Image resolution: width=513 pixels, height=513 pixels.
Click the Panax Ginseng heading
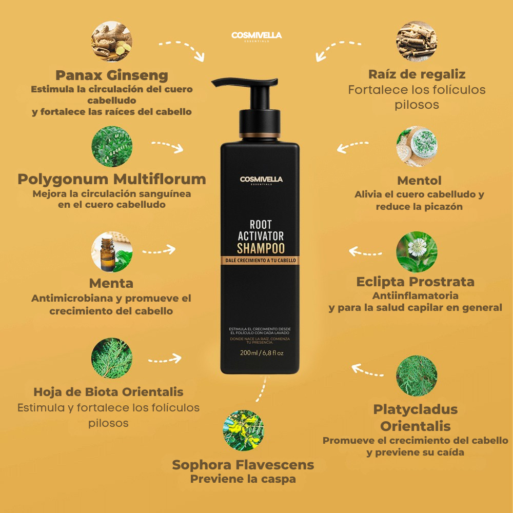111,75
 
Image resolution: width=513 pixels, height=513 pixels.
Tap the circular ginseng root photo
111,41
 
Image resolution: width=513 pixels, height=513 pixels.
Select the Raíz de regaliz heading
417,74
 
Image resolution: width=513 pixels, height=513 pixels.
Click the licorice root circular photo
417,41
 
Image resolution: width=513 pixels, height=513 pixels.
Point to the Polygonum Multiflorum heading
112,179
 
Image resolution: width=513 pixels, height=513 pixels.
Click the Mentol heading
419,180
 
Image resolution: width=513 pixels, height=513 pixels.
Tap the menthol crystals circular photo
417,146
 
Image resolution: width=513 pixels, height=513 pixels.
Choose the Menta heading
111,283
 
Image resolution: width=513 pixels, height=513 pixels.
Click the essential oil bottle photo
111,252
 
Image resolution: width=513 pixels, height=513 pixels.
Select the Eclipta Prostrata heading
416,282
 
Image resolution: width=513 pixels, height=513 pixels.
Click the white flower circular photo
417,252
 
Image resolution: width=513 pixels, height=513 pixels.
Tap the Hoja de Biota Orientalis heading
108,392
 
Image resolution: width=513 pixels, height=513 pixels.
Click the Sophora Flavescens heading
243,465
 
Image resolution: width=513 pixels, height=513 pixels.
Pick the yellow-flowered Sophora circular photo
243,430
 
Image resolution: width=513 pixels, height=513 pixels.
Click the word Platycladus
416,409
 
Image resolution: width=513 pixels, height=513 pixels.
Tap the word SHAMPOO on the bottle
261,248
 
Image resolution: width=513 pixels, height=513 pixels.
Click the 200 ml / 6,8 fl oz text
262,353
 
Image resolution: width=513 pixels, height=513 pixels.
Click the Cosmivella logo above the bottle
256,36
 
